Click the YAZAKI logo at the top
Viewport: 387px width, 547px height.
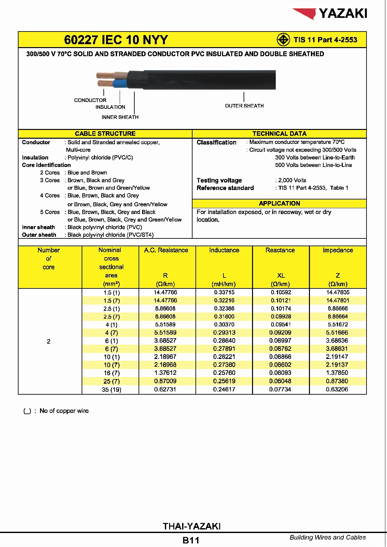coord(330,14)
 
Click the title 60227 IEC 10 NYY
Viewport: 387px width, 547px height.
coord(116,40)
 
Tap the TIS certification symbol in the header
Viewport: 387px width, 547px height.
coord(283,40)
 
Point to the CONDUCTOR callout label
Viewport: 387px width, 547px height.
coord(90,100)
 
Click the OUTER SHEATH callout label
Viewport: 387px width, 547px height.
coord(244,106)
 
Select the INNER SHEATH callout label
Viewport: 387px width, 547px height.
coord(120,117)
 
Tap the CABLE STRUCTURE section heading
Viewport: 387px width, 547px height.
coord(105,134)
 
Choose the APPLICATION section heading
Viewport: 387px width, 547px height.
coord(279,204)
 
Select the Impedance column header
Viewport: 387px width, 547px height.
coord(338,250)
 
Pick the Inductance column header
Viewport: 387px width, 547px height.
coord(224,250)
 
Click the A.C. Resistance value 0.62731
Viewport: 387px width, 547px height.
coord(165,389)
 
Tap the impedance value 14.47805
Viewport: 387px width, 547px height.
coord(338,292)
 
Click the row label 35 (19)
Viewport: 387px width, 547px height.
coord(111,389)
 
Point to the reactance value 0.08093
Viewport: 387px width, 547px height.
coord(280,373)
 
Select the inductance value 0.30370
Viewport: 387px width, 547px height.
coord(224,324)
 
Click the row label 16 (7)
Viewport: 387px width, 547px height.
coord(112,373)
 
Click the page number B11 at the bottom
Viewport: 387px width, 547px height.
coord(191,540)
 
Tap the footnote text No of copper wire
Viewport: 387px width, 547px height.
coord(64,411)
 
